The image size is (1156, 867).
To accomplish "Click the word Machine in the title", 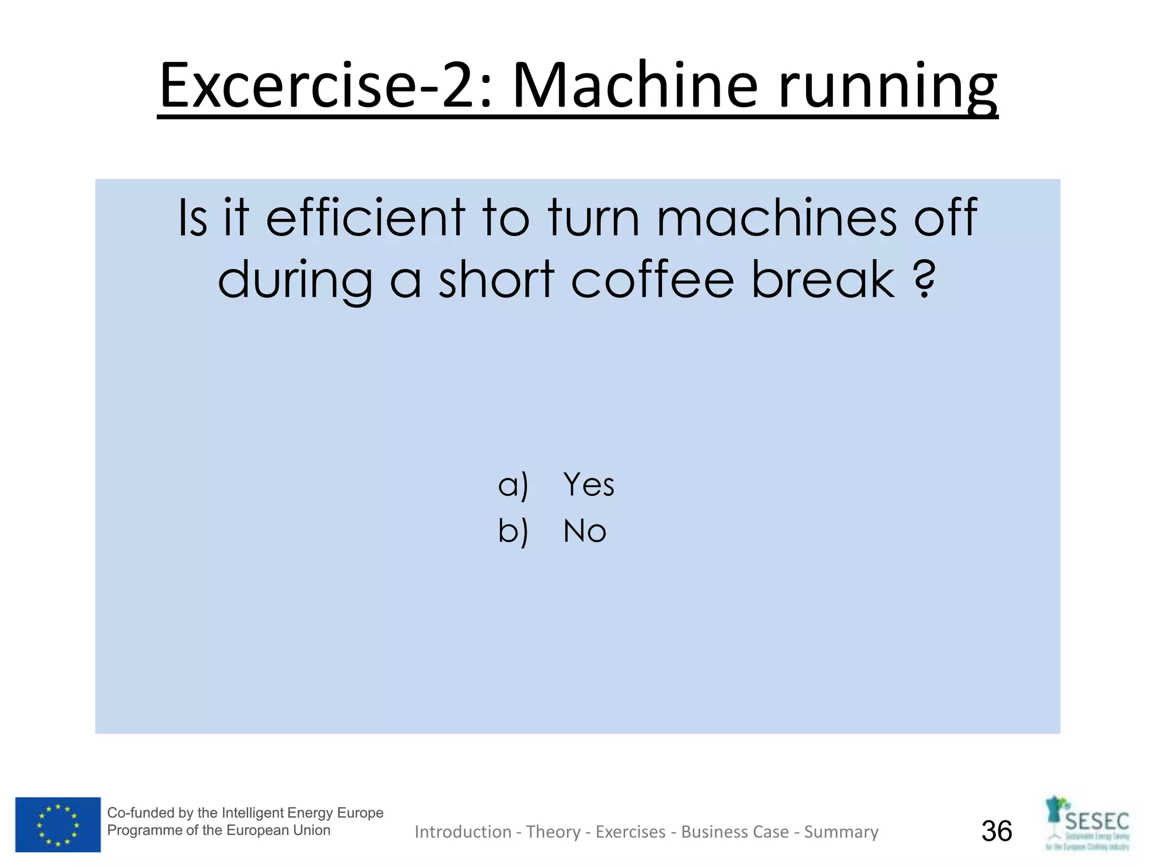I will click(x=635, y=86).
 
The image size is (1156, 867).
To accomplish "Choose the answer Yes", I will click(x=589, y=484).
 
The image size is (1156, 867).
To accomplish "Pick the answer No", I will click(x=585, y=531).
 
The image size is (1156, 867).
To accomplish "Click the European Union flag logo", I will click(x=58, y=825).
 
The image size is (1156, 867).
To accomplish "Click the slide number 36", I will click(x=997, y=831).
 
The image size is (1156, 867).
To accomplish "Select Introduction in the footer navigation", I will click(x=463, y=832).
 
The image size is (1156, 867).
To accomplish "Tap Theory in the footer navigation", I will click(x=553, y=832).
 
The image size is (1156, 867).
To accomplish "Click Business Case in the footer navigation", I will click(x=735, y=832).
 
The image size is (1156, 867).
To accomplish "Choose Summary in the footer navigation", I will click(x=841, y=832).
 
